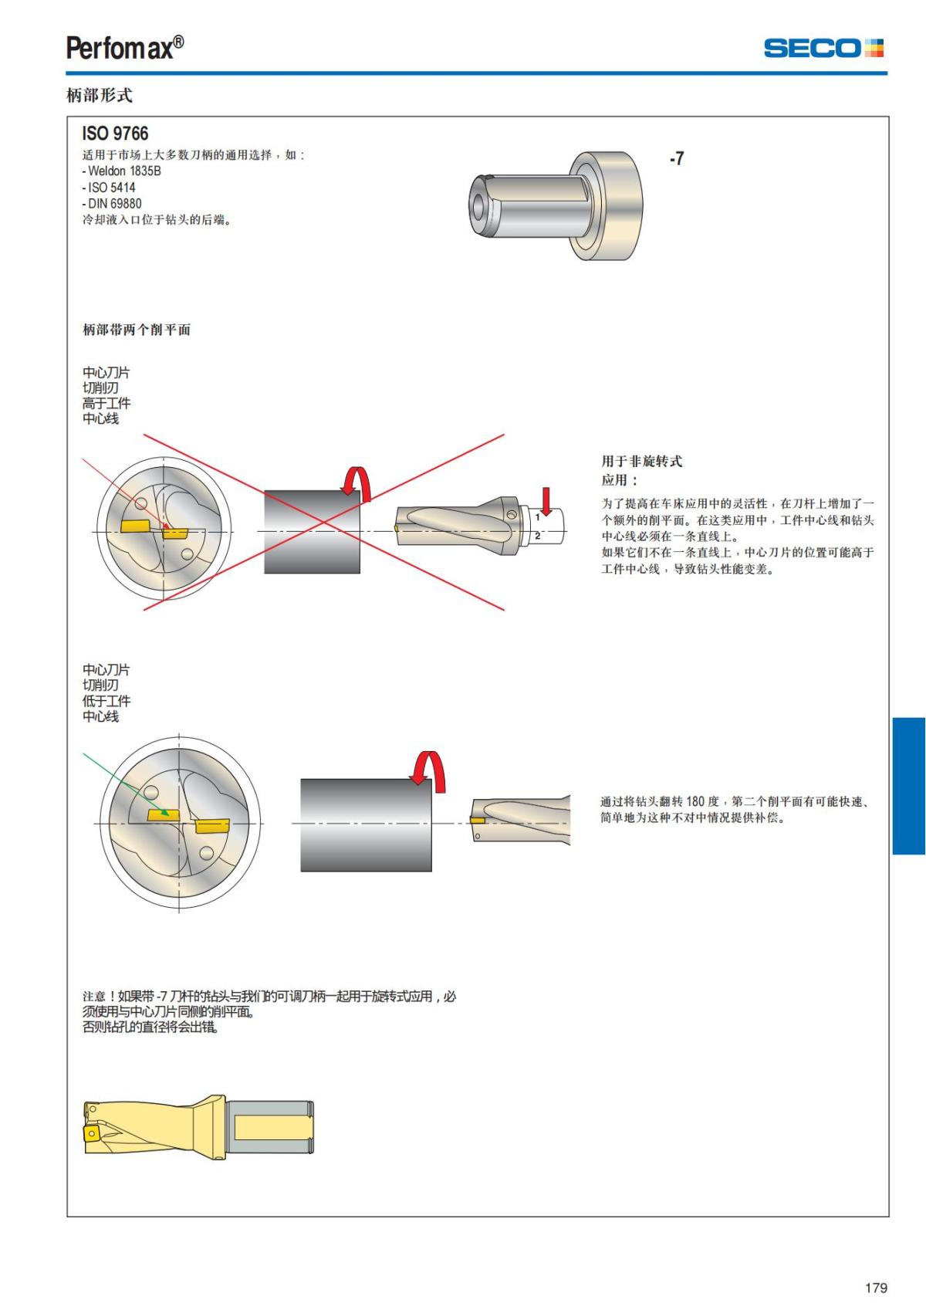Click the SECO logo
click(x=823, y=48)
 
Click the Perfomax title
click(x=125, y=47)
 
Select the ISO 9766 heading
click(x=115, y=134)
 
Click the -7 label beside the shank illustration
click(x=677, y=158)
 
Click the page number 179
click(x=876, y=1288)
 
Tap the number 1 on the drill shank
click(x=537, y=517)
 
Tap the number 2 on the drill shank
click(x=537, y=535)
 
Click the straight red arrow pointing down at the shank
click(x=546, y=502)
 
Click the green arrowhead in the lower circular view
click(x=165, y=811)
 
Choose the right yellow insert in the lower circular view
click(x=212, y=826)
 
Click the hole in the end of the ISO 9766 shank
click(x=478, y=205)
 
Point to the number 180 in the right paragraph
click(x=696, y=801)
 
